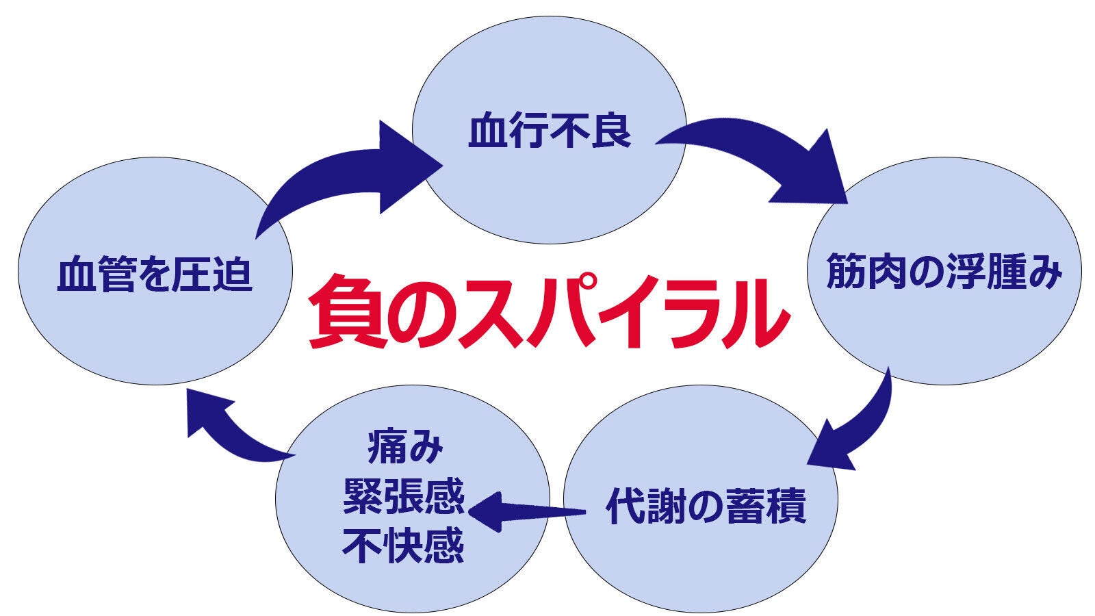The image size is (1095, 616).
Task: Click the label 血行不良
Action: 549,131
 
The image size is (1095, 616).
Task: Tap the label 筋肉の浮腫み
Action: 944,272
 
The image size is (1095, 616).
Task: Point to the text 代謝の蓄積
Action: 706,506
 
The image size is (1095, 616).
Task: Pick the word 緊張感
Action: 404,496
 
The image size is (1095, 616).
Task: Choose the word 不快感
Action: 404,545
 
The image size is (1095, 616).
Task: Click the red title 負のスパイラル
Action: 547,311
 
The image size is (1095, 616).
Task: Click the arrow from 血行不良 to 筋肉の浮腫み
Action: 760,157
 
